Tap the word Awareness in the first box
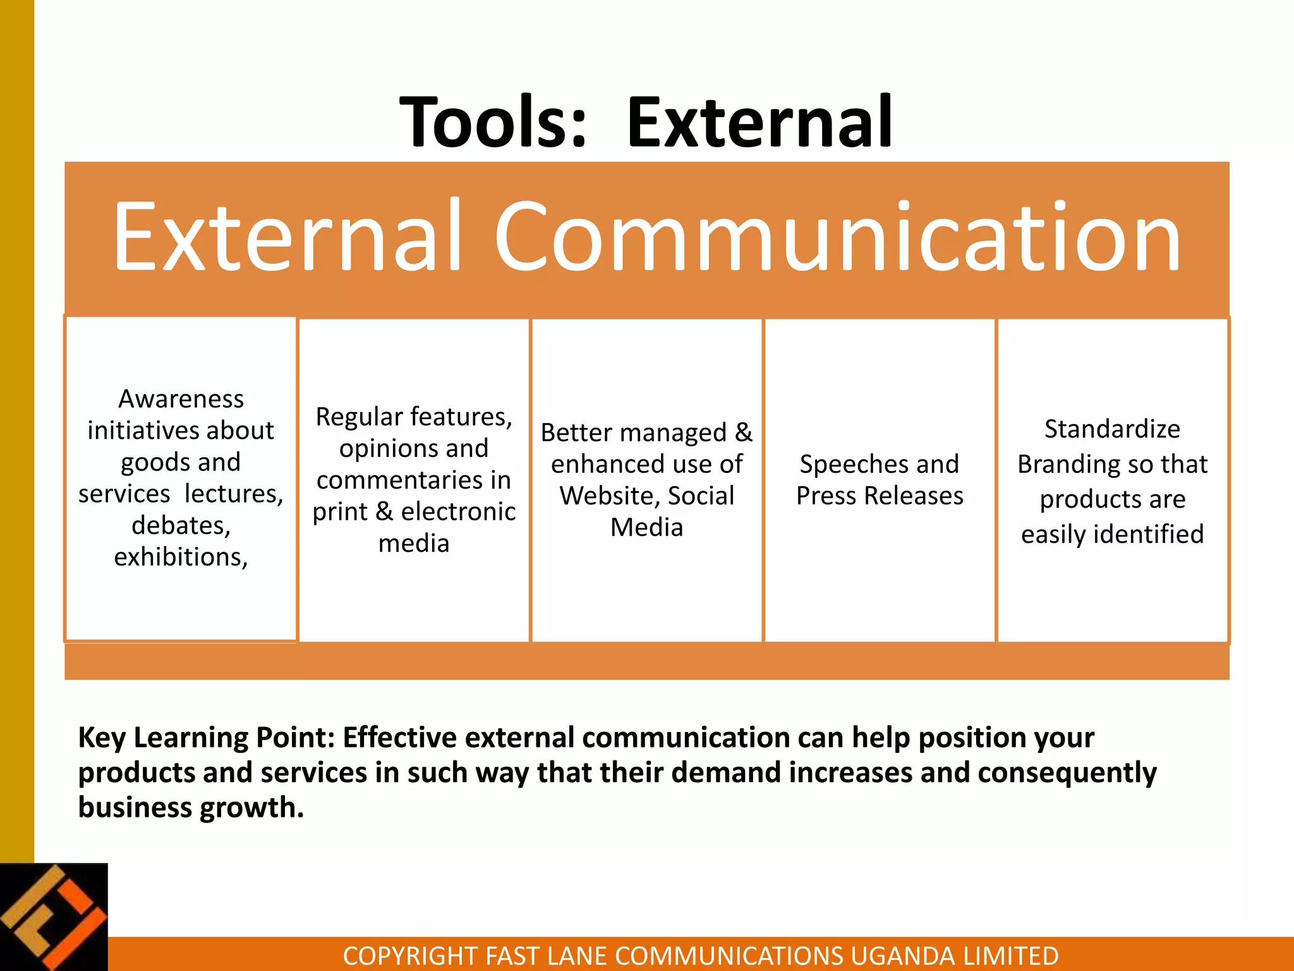pyautogui.click(x=181, y=399)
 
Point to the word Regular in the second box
pyautogui.click(x=359, y=417)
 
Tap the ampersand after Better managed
pyautogui.click(x=744, y=432)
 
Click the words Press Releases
pyautogui.click(x=880, y=496)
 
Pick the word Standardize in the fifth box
pyautogui.click(x=1112, y=429)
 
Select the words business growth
pyautogui.click(x=191, y=807)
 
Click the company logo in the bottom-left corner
pyautogui.click(x=54, y=917)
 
